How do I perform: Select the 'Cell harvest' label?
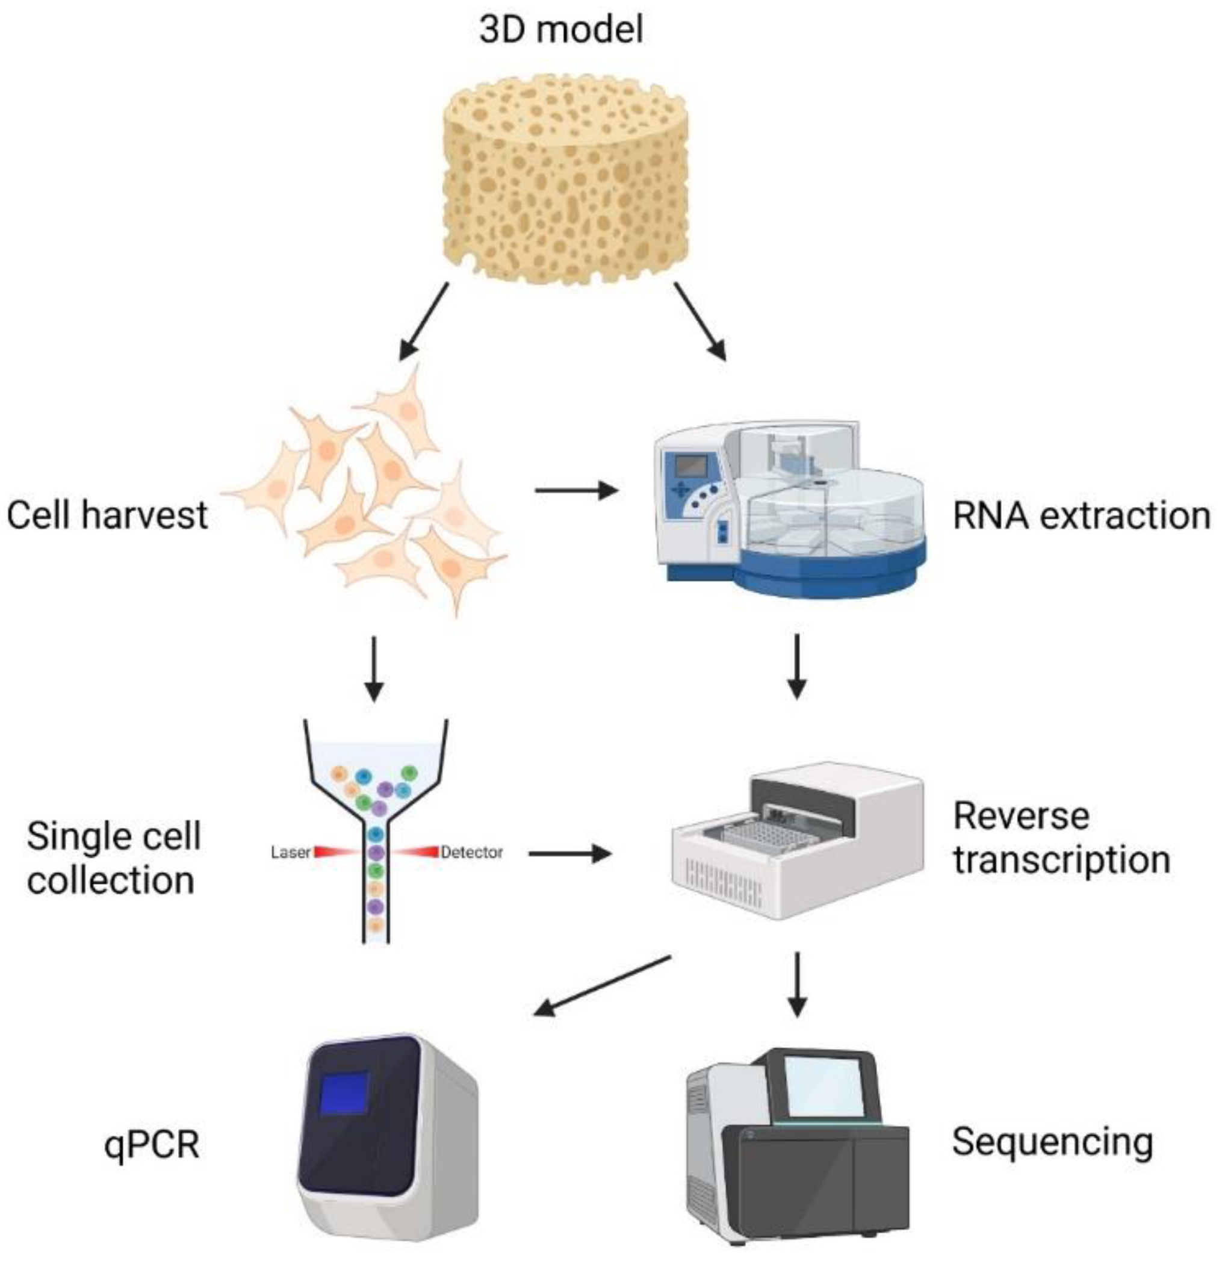click(107, 516)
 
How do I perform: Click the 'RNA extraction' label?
click(1081, 517)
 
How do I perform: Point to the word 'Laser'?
click(291, 853)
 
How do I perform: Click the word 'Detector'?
click(471, 853)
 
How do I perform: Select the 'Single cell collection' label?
click(113, 858)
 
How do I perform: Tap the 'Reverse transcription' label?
click(1060, 838)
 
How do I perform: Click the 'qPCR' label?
click(152, 1144)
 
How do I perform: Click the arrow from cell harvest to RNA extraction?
click(575, 491)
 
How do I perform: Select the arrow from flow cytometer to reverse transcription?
click(569, 854)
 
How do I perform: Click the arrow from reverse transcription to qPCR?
click(603, 986)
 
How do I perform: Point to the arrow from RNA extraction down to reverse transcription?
click(797, 666)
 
